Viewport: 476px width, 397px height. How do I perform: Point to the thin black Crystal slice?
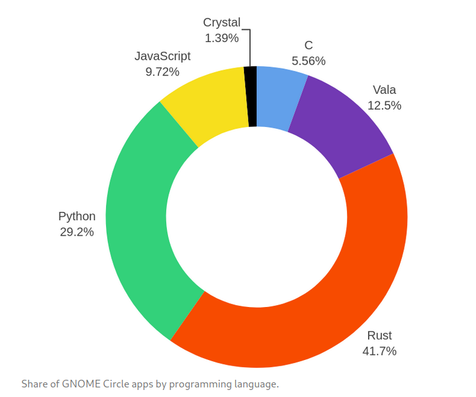251,96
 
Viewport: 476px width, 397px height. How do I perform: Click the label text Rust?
380,336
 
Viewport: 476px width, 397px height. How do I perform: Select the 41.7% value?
380,351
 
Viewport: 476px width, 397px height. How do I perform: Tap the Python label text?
77,216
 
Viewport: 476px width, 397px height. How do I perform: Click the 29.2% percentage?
77,232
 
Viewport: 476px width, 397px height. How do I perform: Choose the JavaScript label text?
162,56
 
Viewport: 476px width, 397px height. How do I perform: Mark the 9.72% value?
162,71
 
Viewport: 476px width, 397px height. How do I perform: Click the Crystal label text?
222,23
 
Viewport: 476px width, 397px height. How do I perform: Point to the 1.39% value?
222,38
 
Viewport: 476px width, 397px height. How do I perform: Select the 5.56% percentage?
309,61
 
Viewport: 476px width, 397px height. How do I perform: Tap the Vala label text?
385,90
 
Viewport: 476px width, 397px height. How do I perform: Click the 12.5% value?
385,105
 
